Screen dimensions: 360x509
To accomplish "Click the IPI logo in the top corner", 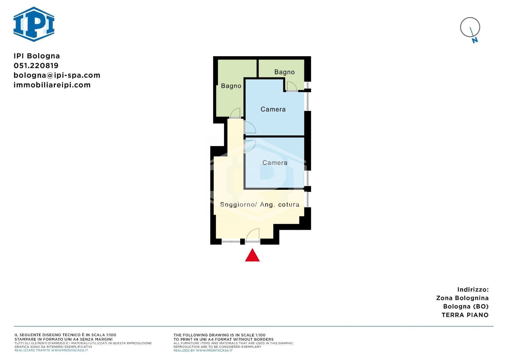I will click(34, 24).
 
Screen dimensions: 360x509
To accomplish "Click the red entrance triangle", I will click(252, 255).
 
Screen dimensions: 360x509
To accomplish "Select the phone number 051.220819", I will click(36, 66).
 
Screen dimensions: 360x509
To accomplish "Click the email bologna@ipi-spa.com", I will click(57, 75).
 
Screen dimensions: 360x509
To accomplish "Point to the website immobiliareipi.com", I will click(52, 85).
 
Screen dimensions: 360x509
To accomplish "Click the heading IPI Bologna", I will click(37, 56).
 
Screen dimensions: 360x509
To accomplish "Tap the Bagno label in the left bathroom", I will click(231, 86).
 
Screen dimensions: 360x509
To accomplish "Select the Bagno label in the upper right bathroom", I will click(284, 72).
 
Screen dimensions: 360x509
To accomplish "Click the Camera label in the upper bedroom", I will click(273, 109).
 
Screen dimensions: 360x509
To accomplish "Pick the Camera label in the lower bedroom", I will click(275, 163).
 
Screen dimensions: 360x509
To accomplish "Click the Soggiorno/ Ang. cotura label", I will click(260, 205).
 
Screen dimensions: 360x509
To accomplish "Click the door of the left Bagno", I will click(235, 113).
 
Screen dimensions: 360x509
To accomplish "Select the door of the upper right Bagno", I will click(292, 86).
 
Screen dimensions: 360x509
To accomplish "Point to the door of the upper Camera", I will click(250, 127).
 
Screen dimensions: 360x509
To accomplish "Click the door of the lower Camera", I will click(250, 146).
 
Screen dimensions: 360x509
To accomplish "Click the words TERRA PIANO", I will click(465, 315).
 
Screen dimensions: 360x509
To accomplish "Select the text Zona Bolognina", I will click(462, 298).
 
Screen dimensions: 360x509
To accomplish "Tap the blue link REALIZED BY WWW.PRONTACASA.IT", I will click(203, 350).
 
